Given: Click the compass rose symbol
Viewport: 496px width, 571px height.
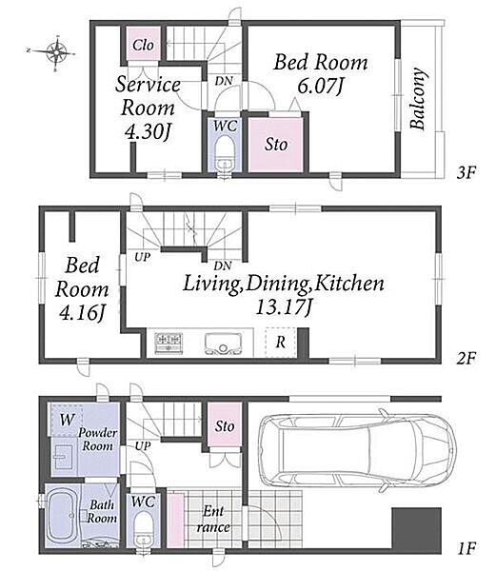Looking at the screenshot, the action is coord(56,53).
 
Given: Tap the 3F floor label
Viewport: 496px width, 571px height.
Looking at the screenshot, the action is coord(466,172).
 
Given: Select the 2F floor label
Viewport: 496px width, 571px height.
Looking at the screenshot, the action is coord(466,359).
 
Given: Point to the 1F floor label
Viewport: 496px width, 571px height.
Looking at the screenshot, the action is coord(466,548).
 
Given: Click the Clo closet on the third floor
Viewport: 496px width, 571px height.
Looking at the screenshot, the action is coord(143,44).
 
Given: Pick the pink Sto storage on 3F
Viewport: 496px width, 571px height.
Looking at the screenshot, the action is coord(275,145).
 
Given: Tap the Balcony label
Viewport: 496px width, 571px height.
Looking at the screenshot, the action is coord(418,98).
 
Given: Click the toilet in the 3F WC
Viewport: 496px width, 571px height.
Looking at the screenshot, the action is coord(224,153).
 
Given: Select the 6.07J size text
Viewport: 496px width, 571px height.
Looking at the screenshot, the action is coord(321,86).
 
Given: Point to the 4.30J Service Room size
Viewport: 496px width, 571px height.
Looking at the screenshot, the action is coord(148,132).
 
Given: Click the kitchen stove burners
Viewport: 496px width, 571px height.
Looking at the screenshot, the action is coord(169,343).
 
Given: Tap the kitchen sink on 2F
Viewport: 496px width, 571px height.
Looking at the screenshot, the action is coord(223,344).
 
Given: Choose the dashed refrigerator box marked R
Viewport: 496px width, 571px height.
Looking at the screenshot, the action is coord(281,343).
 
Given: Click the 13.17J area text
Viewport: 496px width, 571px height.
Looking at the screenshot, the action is coord(284,307).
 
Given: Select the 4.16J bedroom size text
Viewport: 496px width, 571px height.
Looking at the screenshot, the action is coord(82,313).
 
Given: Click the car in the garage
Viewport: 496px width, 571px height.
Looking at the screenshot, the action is coord(358,451).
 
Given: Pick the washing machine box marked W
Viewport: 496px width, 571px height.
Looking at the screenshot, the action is coord(67,420).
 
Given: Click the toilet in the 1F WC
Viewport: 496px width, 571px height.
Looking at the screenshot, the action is coord(143,529).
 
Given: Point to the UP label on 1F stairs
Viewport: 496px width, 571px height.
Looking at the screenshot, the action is coord(143,445).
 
